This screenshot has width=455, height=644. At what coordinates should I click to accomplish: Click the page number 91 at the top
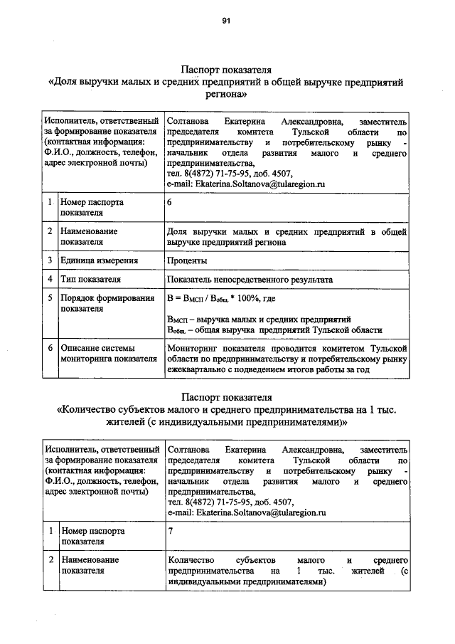point(227,21)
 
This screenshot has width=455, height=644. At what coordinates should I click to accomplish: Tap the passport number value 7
point(170,531)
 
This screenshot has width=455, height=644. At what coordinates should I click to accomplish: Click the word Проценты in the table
point(187,261)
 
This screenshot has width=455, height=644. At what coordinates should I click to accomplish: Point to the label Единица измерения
point(99,261)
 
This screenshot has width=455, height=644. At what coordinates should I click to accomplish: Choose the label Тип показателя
point(90,279)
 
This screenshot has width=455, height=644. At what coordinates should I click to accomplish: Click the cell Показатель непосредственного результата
point(250,279)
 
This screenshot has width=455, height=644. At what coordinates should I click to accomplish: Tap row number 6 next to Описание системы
point(50,348)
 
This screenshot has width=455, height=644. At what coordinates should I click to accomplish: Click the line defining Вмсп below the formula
point(257,319)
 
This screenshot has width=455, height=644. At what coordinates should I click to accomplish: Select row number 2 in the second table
point(50,560)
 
